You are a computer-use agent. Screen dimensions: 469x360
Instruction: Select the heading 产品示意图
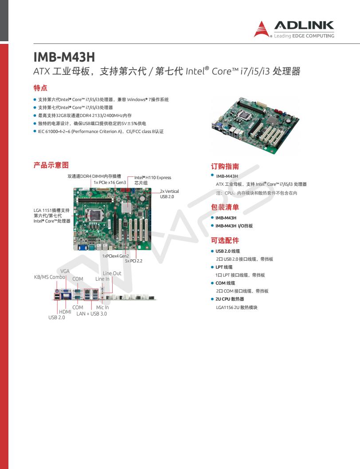tap(51, 165)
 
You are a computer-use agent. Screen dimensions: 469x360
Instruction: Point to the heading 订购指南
tap(225, 167)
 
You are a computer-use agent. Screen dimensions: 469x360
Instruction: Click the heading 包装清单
tap(225, 207)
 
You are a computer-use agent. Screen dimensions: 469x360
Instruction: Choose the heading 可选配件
tap(225, 240)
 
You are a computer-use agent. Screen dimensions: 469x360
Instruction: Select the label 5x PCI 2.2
tap(133, 261)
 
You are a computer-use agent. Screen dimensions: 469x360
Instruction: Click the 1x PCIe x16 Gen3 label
tap(110, 182)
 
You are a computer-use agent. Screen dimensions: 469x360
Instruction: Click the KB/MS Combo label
tap(50, 277)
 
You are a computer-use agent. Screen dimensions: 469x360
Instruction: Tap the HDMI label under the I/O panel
tap(65, 312)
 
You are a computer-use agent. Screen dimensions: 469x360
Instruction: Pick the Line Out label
tap(112, 273)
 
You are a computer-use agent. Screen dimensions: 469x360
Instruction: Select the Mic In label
tap(102, 307)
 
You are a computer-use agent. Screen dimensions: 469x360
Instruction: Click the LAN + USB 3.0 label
tap(91, 314)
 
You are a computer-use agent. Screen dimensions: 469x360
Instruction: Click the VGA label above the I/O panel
tap(65, 271)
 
